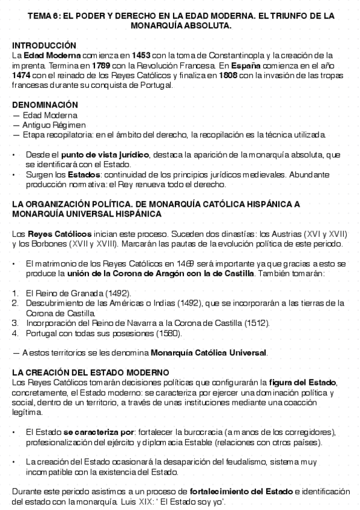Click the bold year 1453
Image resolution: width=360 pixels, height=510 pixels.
pos(146,55)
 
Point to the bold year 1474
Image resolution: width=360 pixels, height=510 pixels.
pos(22,75)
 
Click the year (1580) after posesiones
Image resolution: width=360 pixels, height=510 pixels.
pos(172,333)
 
